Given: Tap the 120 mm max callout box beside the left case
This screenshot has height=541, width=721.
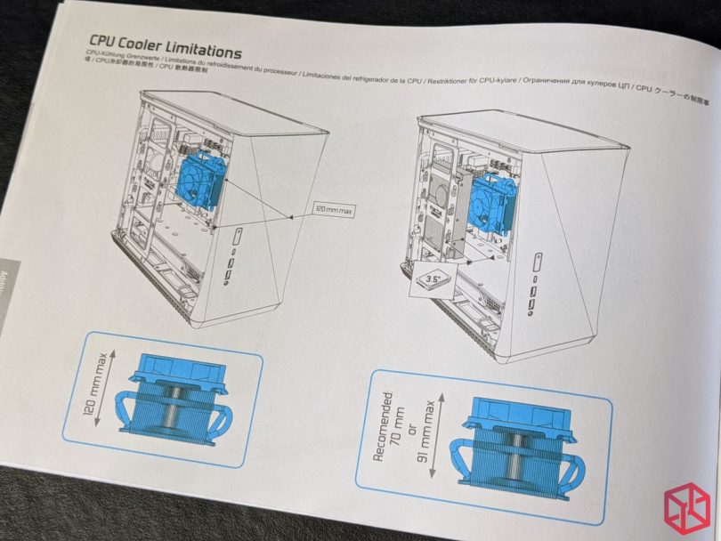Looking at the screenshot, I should (334, 211).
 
